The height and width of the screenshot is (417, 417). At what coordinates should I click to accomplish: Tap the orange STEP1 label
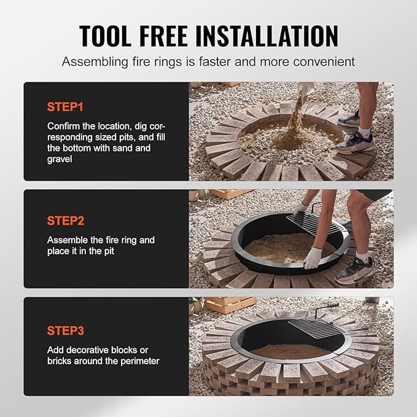point(64,107)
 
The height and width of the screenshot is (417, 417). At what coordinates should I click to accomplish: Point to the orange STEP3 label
point(65,330)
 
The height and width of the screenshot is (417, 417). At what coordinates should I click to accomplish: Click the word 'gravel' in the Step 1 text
point(61,159)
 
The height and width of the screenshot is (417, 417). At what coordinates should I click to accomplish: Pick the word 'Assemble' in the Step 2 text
point(68,240)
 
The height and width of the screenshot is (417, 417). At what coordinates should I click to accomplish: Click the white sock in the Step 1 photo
point(364,132)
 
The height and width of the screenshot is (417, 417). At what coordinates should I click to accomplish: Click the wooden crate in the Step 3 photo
point(230,305)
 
